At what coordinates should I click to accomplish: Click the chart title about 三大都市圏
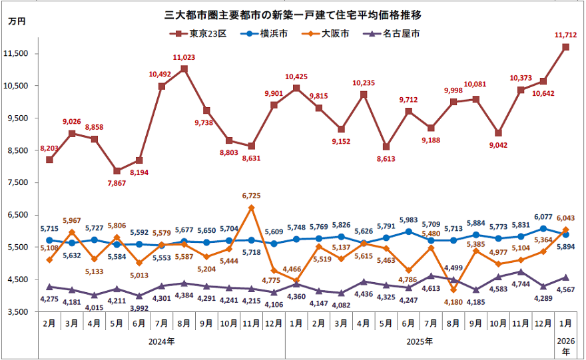tap(294, 13)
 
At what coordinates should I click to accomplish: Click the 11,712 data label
tap(565, 35)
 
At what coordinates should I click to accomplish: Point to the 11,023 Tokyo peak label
tap(184, 58)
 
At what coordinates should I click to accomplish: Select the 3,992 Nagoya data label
tap(139, 307)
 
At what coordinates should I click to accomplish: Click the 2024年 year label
tap(162, 341)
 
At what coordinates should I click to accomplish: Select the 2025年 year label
tap(420, 341)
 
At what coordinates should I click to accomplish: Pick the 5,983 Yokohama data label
tap(409, 220)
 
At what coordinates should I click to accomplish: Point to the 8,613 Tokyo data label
tap(386, 159)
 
